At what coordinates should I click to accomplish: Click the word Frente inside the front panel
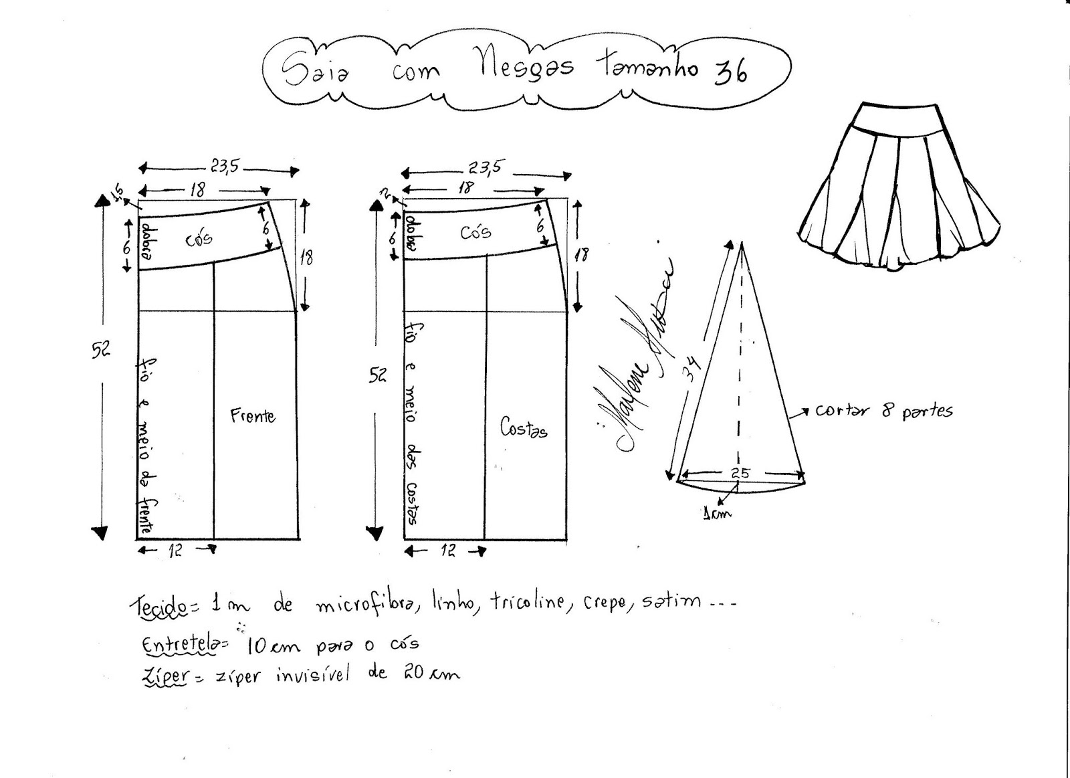coord(252,416)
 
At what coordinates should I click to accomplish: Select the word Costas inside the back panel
coord(524,428)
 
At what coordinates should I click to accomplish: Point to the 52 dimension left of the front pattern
coord(101,349)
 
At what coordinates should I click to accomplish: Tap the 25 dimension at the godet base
coord(740,473)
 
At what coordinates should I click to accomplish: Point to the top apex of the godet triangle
coord(742,246)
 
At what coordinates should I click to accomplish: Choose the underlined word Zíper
coord(165,676)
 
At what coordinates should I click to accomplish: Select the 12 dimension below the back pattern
coord(448,551)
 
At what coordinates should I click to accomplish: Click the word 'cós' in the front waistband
coord(199,239)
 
